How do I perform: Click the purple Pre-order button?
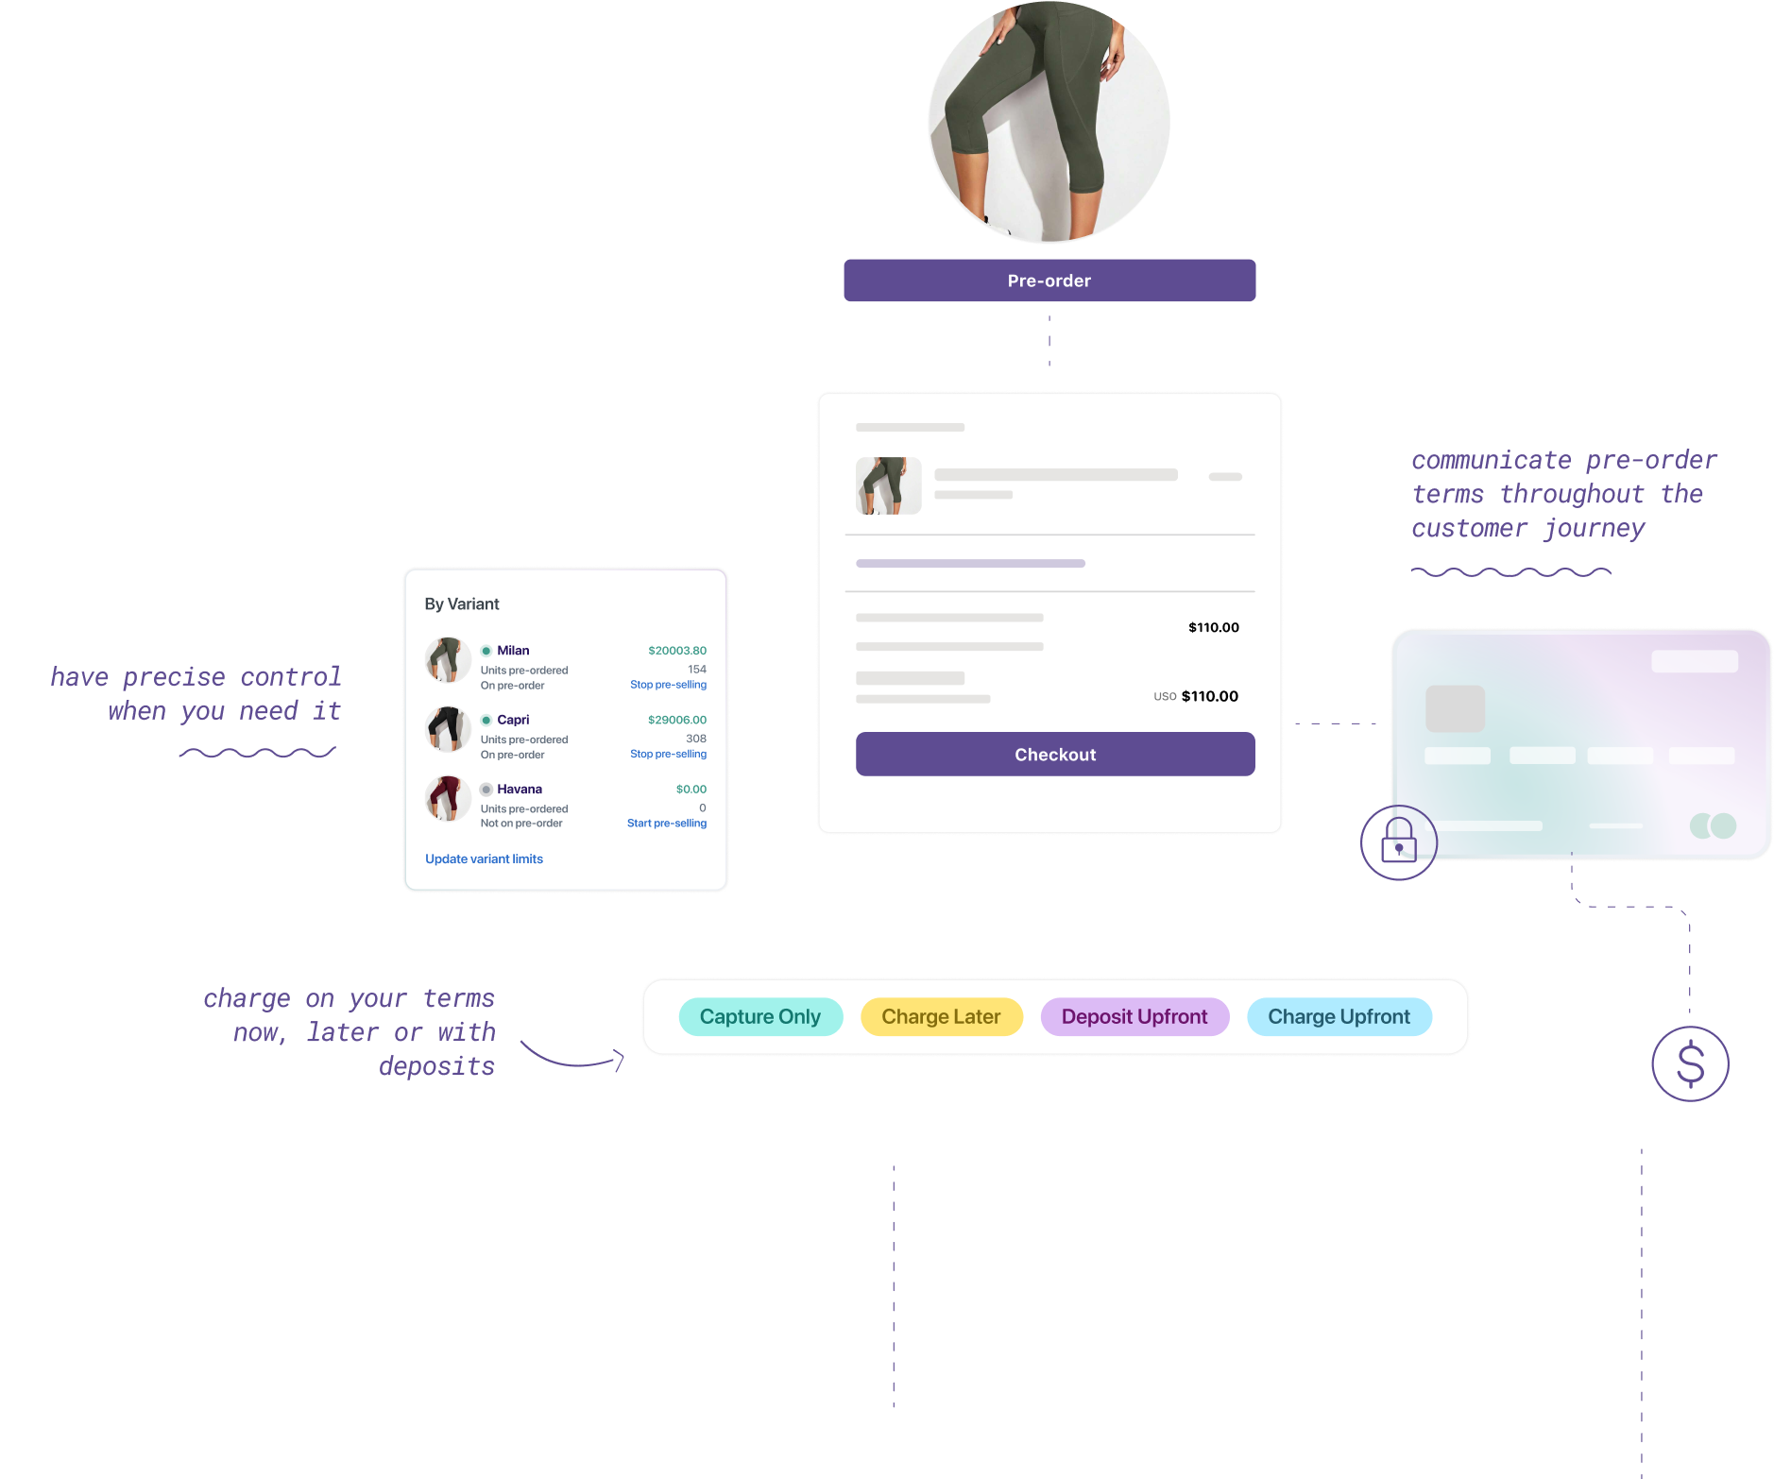click(1049, 280)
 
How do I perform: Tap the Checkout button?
click(1054, 755)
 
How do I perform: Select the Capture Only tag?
click(759, 1017)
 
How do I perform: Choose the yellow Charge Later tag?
click(941, 1017)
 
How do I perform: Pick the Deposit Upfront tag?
click(1134, 1017)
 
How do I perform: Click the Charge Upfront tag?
click(1339, 1017)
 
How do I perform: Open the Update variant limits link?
click(484, 858)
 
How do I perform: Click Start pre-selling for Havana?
click(666, 824)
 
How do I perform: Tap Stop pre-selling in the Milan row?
click(668, 685)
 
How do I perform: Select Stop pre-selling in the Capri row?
click(668, 754)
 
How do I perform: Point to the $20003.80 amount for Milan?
click(676, 651)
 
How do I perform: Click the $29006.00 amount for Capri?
click(676, 720)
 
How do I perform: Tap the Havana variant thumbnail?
click(448, 798)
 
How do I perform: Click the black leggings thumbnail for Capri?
click(448, 729)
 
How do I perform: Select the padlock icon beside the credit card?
click(1398, 841)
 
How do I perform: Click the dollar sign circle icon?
click(1690, 1063)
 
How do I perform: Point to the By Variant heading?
click(462, 604)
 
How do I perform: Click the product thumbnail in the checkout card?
click(888, 485)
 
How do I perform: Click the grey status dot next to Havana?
click(486, 790)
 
